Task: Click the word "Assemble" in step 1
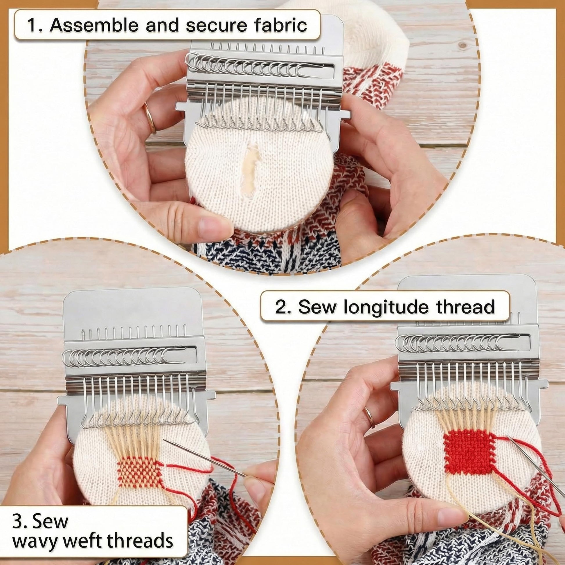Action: coord(94,25)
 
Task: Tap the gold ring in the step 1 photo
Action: coord(149,118)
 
